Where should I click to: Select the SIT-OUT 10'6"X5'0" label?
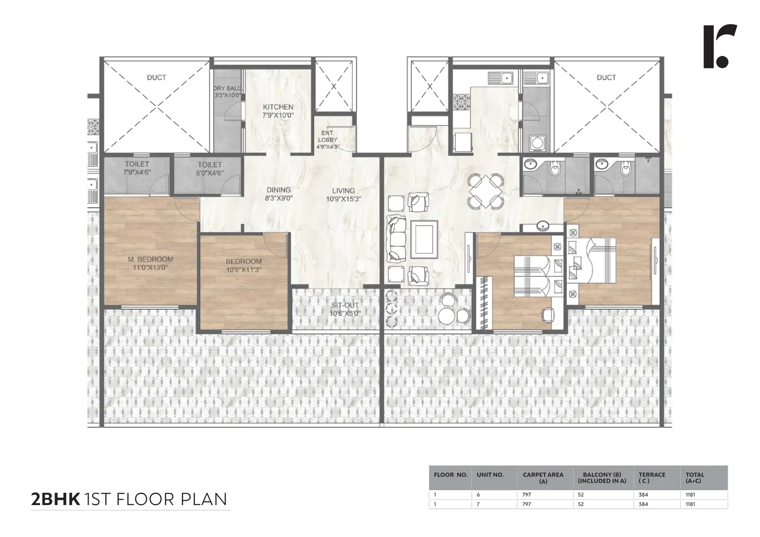(x=345, y=309)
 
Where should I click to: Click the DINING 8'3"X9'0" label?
(x=279, y=194)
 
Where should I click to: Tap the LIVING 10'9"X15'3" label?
(x=344, y=194)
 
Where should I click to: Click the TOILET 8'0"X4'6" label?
(x=209, y=169)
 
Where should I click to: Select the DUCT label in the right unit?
(x=606, y=77)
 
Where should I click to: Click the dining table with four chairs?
(x=485, y=191)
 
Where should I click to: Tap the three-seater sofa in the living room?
(x=395, y=239)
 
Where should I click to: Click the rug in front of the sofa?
(x=424, y=239)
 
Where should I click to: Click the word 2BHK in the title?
(x=55, y=499)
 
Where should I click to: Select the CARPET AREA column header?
(x=543, y=477)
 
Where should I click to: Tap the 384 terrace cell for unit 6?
(x=643, y=495)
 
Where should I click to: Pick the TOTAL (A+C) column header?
(x=695, y=477)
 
